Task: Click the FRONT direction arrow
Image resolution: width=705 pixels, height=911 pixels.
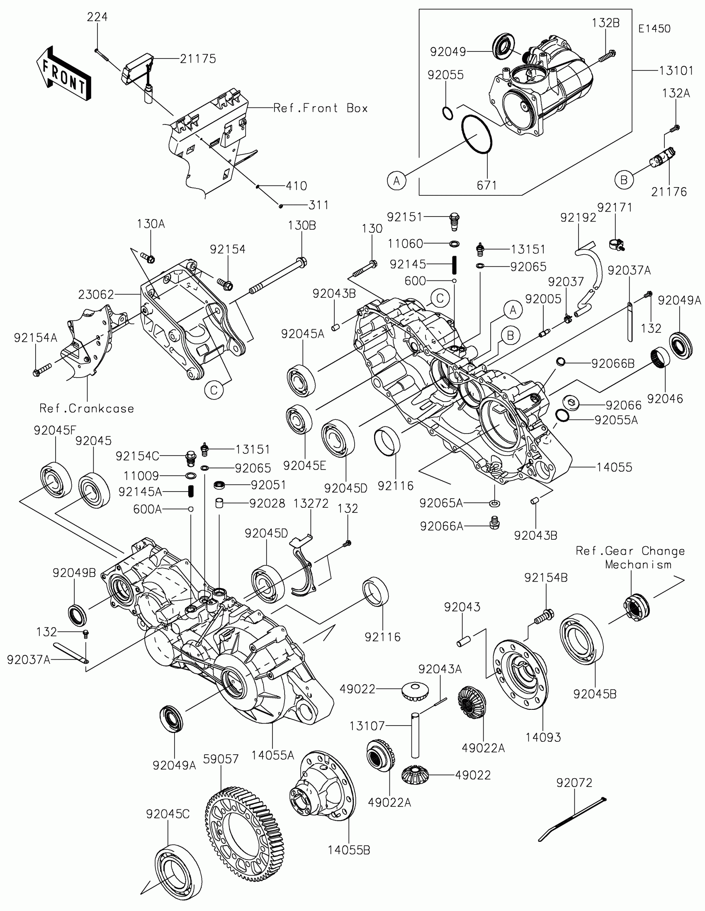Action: coord(63,73)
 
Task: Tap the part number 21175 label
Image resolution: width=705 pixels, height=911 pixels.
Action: coord(198,59)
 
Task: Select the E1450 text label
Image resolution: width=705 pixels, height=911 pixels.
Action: coord(654,29)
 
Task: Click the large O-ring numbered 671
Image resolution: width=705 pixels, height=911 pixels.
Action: coord(477,134)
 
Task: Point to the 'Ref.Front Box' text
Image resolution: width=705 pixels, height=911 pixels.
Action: coord(321,108)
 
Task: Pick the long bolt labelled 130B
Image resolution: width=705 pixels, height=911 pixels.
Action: coord(278,278)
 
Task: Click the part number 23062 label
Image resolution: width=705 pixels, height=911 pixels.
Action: coord(96,295)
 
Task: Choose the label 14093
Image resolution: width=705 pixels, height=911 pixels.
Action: coord(543,738)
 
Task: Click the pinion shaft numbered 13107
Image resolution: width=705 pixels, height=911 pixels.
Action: coord(415,736)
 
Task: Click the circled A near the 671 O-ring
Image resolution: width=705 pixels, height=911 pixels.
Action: coord(396,180)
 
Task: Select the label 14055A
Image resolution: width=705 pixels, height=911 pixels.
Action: coord(272,755)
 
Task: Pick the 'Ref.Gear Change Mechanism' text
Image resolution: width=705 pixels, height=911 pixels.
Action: coord(630,557)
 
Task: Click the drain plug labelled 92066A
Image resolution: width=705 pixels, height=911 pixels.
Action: coord(494,522)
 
